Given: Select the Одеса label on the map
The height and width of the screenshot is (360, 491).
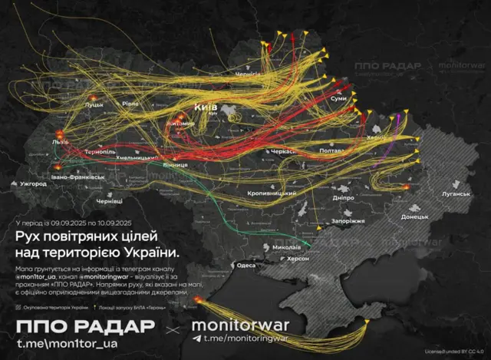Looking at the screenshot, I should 245,265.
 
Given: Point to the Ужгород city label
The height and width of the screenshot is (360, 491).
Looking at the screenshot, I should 34,184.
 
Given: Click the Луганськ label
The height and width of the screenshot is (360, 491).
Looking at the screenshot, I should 455,194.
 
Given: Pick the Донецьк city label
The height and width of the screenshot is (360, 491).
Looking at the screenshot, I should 414,216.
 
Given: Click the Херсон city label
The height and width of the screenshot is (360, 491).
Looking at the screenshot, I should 298,259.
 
